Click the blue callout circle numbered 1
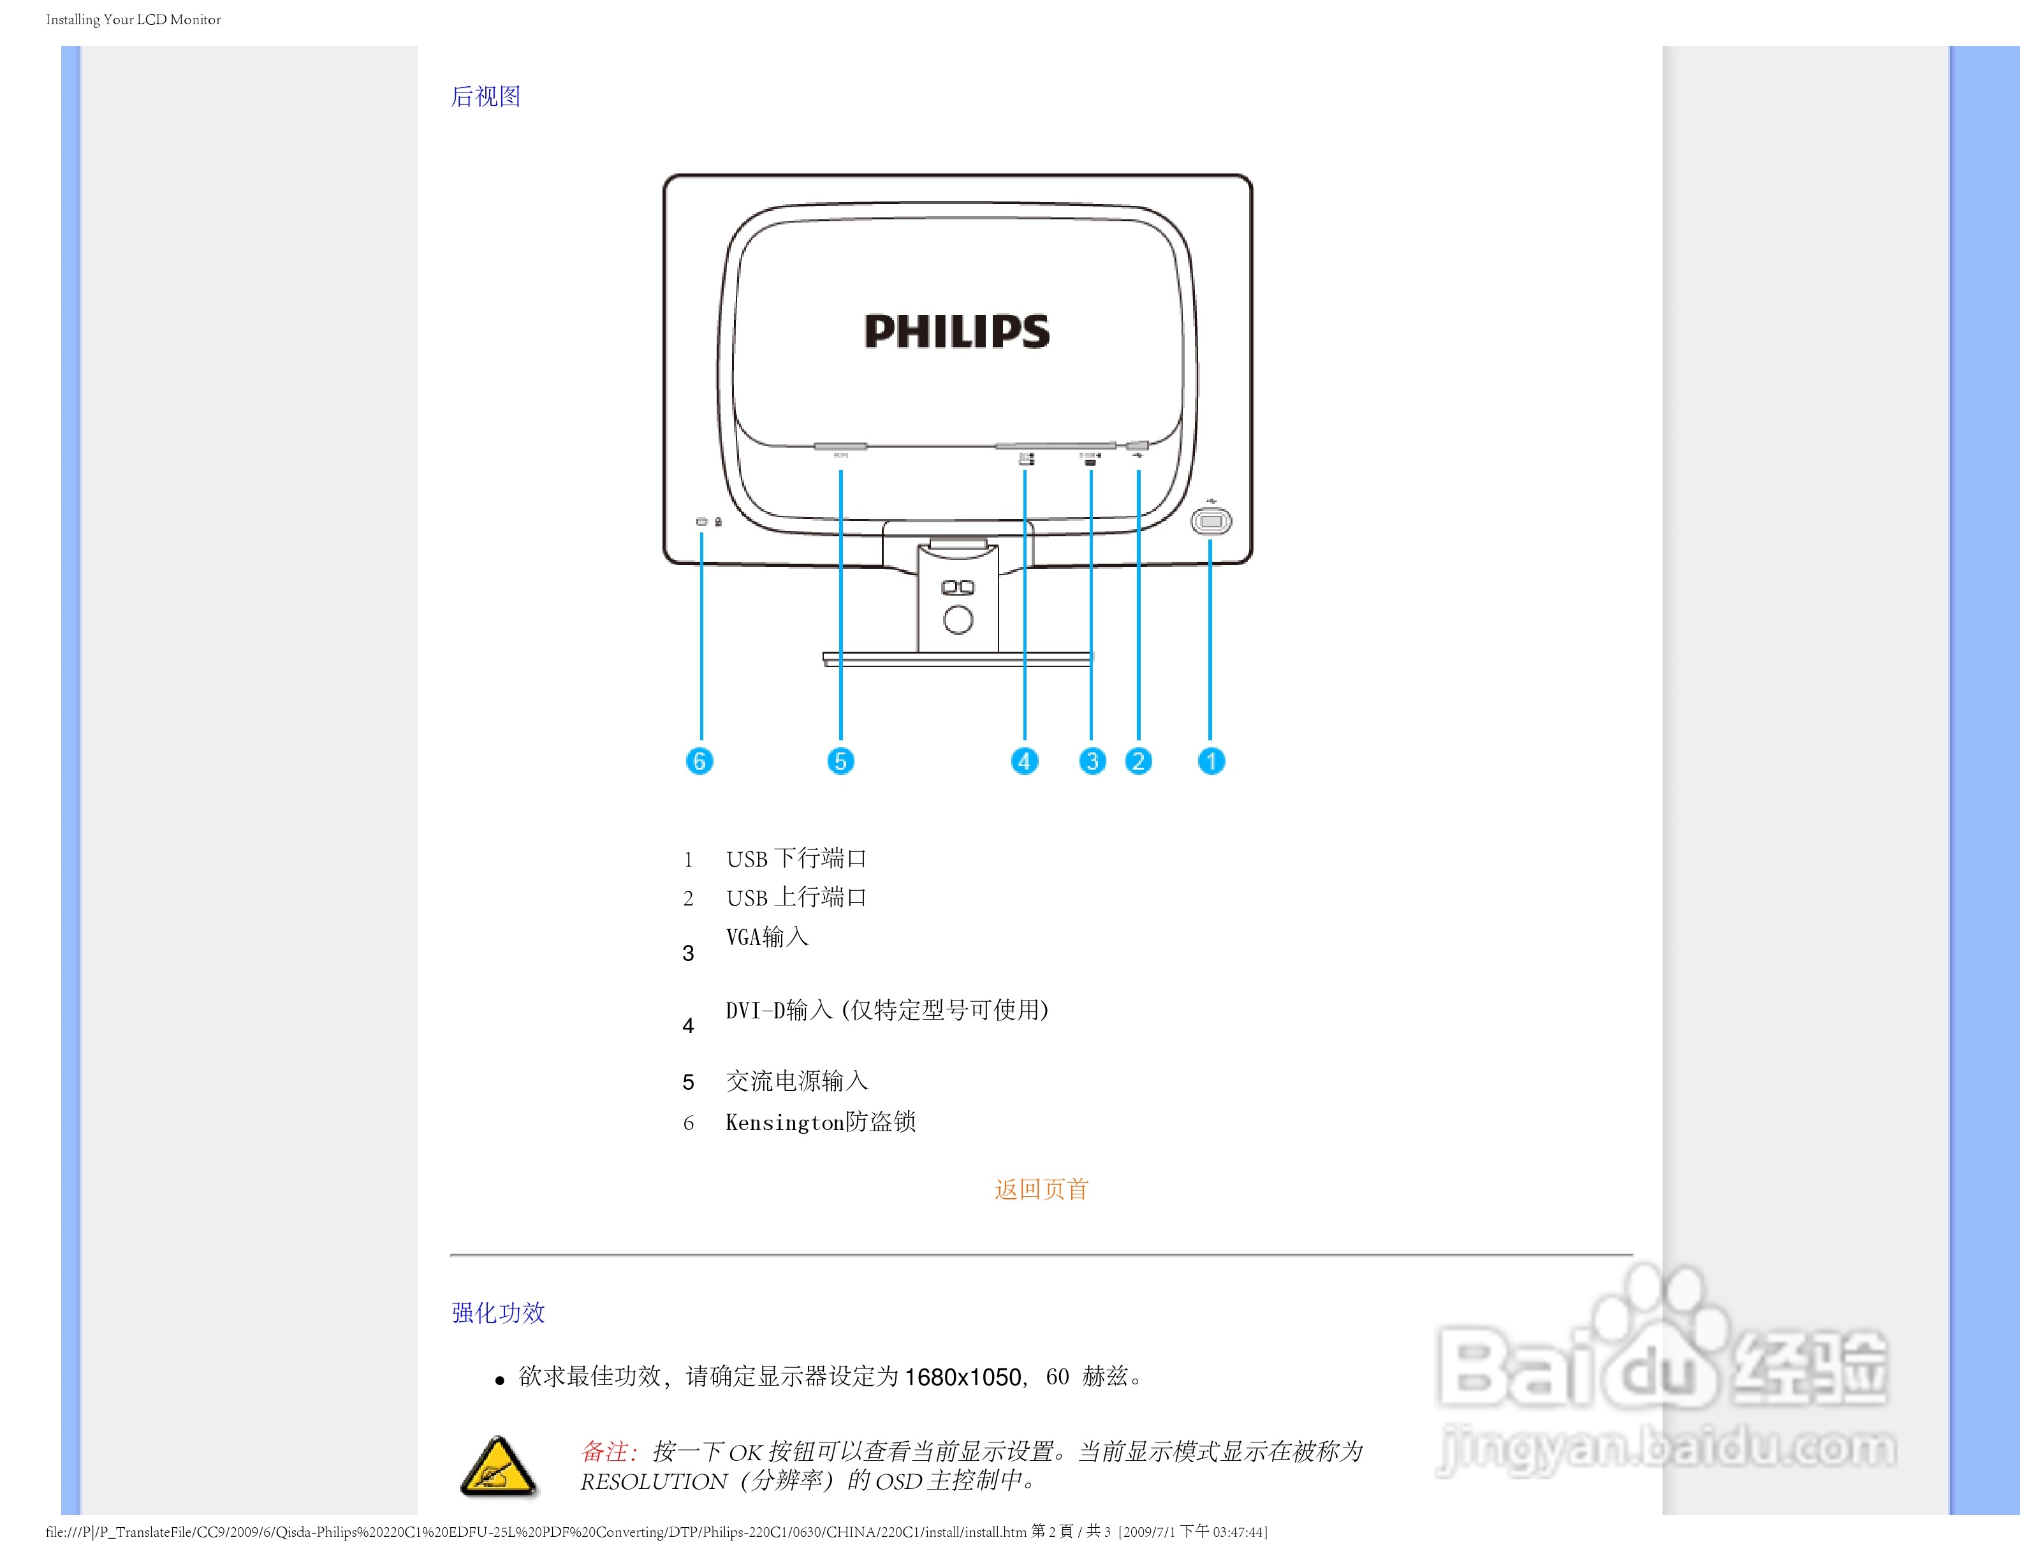[1211, 761]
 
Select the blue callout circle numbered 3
[1092, 761]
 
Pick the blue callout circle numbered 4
[1024, 761]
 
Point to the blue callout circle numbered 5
[840, 761]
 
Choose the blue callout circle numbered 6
[699, 761]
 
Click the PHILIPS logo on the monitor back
[956, 331]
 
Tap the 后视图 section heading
[486, 96]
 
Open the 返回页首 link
[1041, 1189]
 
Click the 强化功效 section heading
[499, 1312]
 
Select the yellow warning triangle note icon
[497, 1467]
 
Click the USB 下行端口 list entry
[795, 859]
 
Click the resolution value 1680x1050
[962, 1377]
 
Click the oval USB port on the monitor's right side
[1211, 522]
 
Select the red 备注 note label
[608, 1451]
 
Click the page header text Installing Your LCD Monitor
[133, 19]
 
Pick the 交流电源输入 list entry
[796, 1081]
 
